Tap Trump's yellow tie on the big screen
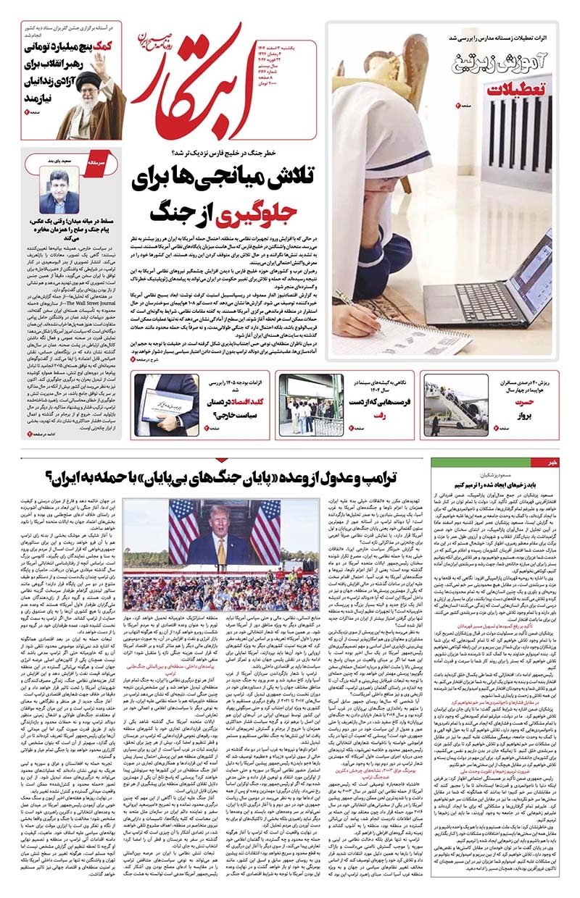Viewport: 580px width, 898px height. click(x=220, y=552)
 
